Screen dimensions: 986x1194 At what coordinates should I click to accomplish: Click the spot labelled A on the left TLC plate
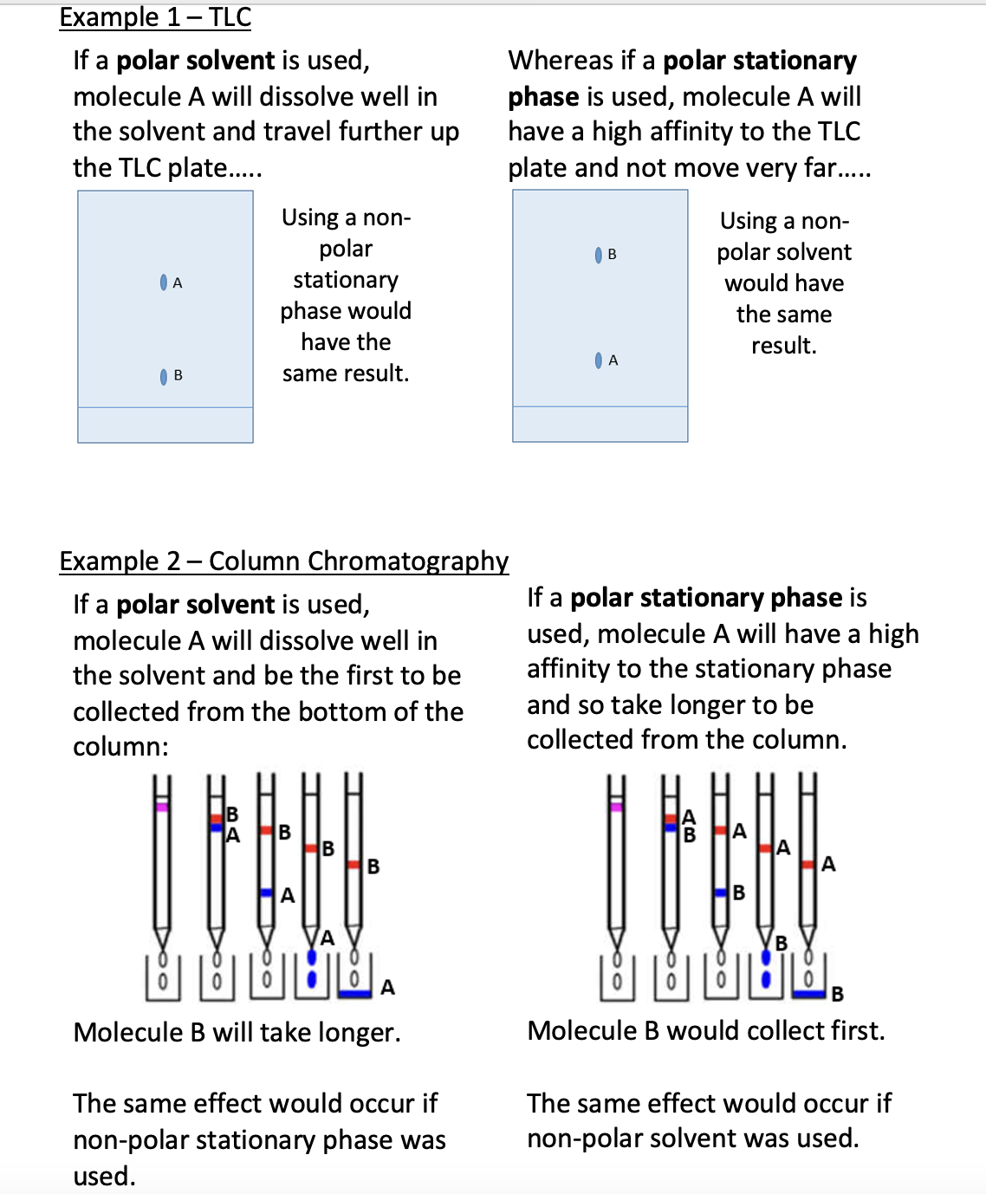click(164, 282)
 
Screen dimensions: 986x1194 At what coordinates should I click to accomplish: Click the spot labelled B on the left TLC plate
click(164, 376)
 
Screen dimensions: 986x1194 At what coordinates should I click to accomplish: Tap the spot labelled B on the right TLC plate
click(599, 255)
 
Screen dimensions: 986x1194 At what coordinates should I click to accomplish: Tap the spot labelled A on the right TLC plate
click(599, 360)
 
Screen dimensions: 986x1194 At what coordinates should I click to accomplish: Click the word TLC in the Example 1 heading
click(230, 17)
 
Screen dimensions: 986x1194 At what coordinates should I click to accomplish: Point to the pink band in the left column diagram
click(161, 807)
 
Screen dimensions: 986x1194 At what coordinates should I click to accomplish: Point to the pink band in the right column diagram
click(616, 807)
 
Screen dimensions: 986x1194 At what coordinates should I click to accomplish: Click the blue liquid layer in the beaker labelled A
click(354, 993)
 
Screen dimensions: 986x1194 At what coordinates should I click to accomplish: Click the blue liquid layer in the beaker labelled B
click(809, 993)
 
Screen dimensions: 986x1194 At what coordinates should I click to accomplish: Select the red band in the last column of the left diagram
click(354, 866)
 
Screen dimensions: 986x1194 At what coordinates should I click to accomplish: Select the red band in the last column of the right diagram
click(808, 864)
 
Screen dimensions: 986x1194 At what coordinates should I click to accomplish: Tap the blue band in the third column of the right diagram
click(720, 892)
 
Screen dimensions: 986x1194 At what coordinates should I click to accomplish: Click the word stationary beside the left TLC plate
click(346, 280)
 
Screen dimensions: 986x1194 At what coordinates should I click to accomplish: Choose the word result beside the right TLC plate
click(782, 346)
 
